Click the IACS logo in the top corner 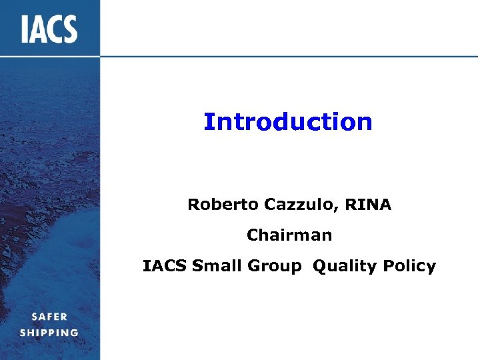(49, 30)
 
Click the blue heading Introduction (288, 122)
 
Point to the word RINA (369, 205)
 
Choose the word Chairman (289, 235)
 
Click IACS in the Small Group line (165, 266)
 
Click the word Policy (409, 267)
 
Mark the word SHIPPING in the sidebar (49, 332)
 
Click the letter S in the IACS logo (69, 30)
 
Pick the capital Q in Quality (319, 267)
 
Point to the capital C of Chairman (252, 235)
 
